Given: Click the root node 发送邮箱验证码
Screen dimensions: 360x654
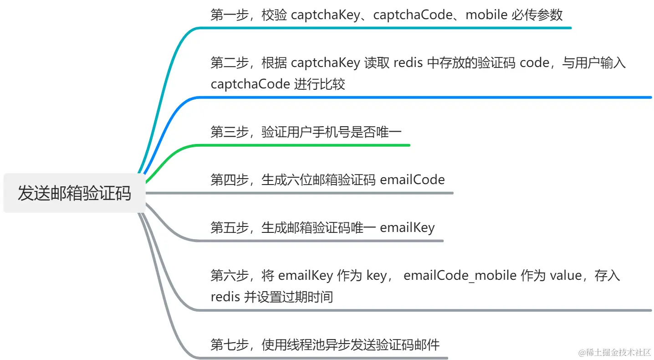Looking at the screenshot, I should [x=74, y=193].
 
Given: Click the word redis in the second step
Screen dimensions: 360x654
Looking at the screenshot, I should [x=408, y=63].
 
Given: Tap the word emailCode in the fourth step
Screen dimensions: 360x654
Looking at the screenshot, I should [x=412, y=180].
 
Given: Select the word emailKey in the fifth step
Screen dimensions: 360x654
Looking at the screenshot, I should [x=407, y=227].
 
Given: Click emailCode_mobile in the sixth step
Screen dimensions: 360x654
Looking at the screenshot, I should [x=460, y=275].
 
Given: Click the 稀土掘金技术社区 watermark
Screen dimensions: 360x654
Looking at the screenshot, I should [x=615, y=352].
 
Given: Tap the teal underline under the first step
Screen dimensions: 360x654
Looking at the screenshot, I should [x=387, y=28].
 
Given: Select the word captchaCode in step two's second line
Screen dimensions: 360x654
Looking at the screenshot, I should [x=250, y=84].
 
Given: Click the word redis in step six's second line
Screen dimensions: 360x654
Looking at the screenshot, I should [x=225, y=297].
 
